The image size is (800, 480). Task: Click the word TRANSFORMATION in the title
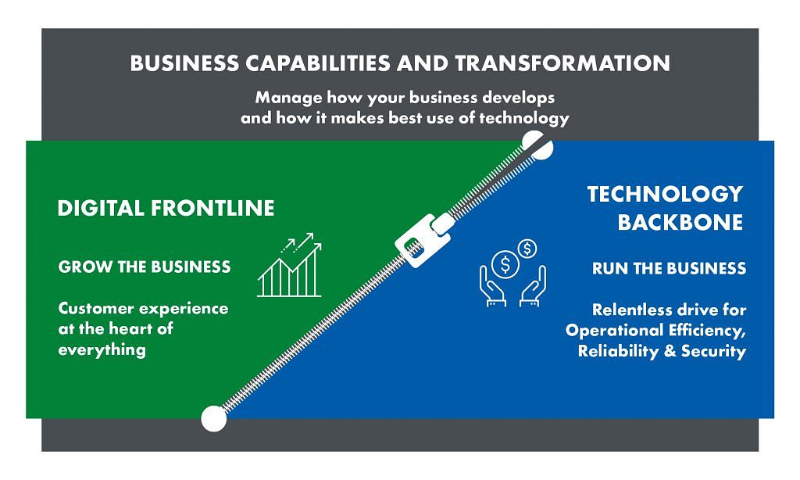(562, 63)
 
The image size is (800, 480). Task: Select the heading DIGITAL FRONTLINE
(166, 209)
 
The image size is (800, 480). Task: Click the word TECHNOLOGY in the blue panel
(665, 194)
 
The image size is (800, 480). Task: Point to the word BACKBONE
(680, 223)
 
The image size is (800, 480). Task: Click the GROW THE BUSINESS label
(145, 267)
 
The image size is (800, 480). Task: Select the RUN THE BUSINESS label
(669, 268)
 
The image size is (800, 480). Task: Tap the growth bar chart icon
(290, 265)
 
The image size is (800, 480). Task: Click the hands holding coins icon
(512, 274)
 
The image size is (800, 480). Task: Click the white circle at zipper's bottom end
(214, 418)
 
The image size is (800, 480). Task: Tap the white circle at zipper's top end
(537, 145)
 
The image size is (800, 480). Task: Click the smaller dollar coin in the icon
(527, 249)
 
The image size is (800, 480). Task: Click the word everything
(102, 349)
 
